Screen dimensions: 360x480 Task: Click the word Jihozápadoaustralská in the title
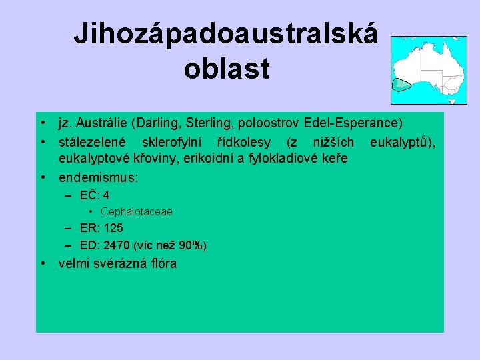(x=225, y=33)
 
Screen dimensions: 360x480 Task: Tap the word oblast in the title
(x=226, y=68)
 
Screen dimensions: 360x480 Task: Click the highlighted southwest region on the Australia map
(x=400, y=85)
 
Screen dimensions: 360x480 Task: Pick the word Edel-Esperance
(x=351, y=123)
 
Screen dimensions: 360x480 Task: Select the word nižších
(x=334, y=141)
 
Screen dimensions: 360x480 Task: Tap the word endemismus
(x=98, y=178)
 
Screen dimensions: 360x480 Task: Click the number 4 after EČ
(x=107, y=196)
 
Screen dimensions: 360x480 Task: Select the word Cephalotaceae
(x=137, y=211)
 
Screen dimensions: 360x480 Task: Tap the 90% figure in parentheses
(x=192, y=246)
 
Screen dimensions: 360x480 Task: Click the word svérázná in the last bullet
(x=122, y=263)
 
